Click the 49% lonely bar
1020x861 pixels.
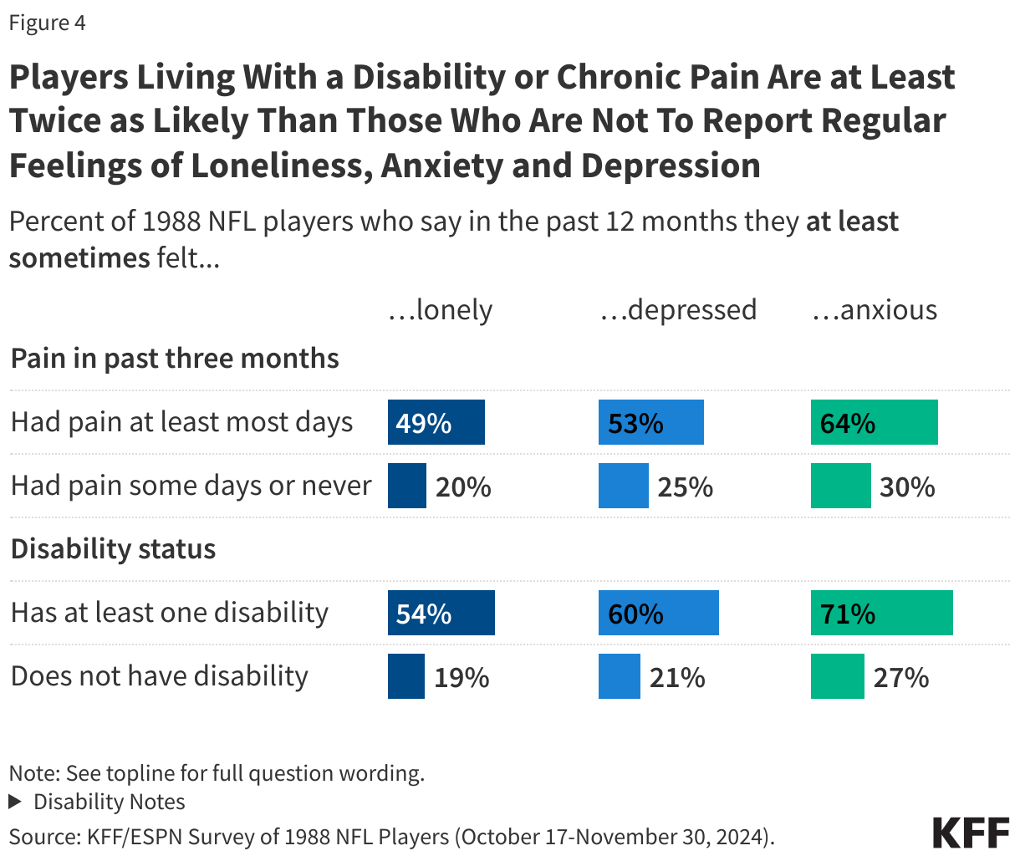click(x=436, y=422)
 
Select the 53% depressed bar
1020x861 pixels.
click(x=650, y=422)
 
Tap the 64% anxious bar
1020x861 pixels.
click(x=874, y=422)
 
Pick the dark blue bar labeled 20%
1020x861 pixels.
click(x=407, y=486)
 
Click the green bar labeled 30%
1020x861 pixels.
click(x=840, y=486)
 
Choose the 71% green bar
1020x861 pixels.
click(x=881, y=613)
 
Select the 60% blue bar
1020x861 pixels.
click(x=658, y=613)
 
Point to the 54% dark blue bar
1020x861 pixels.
click(x=441, y=613)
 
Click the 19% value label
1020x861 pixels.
click(x=462, y=677)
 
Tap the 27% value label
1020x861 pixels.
click(x=900, y=677)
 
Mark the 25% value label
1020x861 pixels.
click(x=685, y=487)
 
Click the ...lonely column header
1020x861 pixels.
click(x=441, y=310)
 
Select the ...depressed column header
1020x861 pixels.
click(x=678, y=310)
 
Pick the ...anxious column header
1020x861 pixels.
click(x=875, y=310)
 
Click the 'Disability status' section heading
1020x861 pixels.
click(x=113, y=549)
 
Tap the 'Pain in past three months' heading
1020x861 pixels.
click(x=175, y=359)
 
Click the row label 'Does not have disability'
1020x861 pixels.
click(x=160, y=675)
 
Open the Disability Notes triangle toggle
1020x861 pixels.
click(x=15, y=802)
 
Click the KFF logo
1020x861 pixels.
click(x=971, y=833)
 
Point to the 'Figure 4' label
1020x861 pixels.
click(x=47, y=23)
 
